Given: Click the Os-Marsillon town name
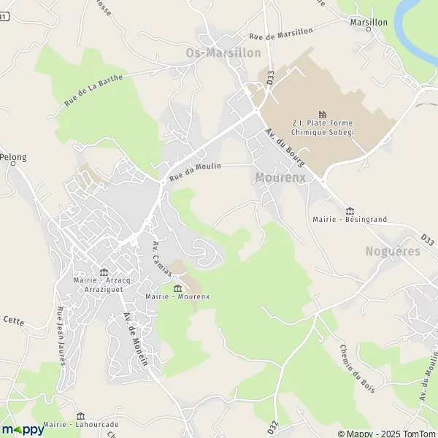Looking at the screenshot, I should pos(223,53).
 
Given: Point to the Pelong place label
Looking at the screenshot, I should pos(13,157).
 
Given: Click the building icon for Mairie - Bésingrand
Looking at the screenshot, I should pos(348,210).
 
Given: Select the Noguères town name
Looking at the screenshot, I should pos(393,251).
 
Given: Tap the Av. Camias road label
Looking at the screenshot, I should pos(162,259).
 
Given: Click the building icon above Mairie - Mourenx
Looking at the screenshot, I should pos(177,288).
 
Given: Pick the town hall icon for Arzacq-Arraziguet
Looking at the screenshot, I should pos(104,270).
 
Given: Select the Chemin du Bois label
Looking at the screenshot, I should pos(357,368).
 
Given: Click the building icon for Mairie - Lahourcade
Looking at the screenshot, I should pos(80,415).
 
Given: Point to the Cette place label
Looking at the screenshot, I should pos(13,320).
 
